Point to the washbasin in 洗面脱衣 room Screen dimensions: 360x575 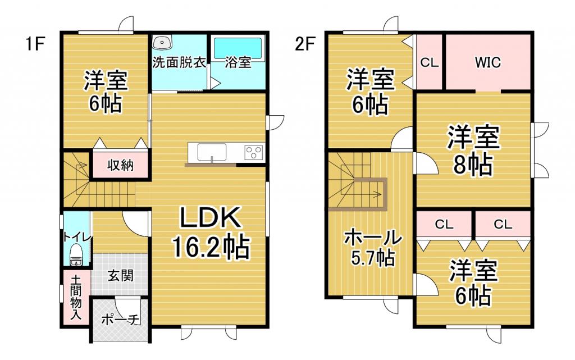click(164, 43)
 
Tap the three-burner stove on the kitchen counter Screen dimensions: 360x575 click(253, 152)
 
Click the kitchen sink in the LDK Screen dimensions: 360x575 click(212, 152)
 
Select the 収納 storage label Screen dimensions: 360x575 click(120, 165)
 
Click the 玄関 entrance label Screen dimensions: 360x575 click(120, 276)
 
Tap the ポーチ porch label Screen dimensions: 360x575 click(120, 320)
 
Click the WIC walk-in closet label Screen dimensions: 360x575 click(487, 62)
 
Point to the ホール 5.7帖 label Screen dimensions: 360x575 click(372, 247)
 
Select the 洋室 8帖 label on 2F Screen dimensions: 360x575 click(473, 151)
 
